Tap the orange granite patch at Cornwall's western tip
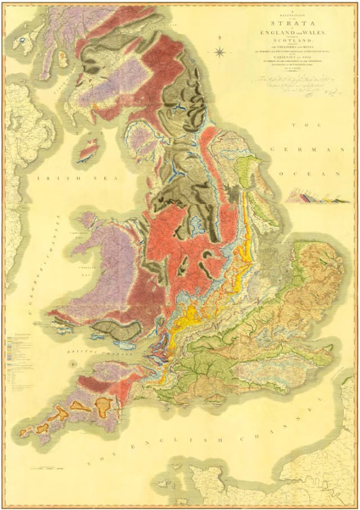tap(25, 432)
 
